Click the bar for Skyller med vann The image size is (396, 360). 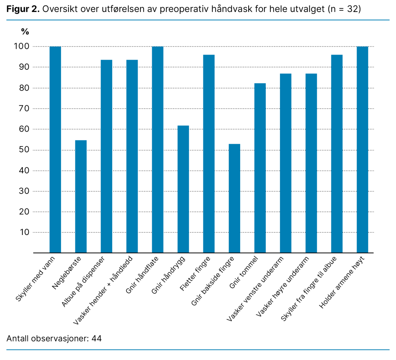(55, 149)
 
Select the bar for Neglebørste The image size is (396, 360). (81, 196)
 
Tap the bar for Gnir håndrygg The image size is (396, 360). (183, 189)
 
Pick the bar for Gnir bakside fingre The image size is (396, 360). (234, 198)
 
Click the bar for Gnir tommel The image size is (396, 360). (260, 168)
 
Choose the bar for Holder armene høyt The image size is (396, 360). (362, 149)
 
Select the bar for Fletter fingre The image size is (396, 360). (209, 154)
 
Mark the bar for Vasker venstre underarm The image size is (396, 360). (285, 163)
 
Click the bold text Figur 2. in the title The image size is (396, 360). (23, 9)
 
